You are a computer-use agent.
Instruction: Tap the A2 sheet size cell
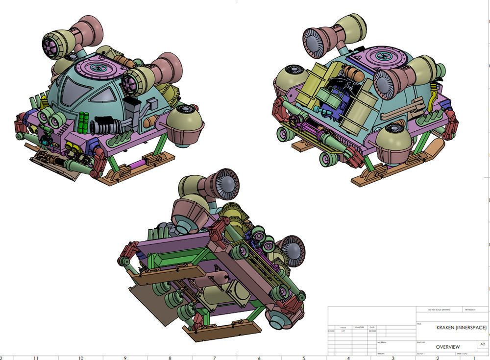pos(483,344)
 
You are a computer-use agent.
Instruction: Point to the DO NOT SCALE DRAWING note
pos(439,310)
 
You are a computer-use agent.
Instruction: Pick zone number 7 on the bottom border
pos(215,357)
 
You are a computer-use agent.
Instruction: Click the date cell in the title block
pos(372,332)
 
